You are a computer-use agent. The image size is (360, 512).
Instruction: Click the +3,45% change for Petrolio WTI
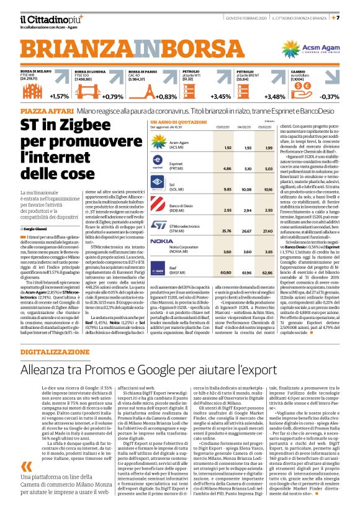click(x=221, y=96)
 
